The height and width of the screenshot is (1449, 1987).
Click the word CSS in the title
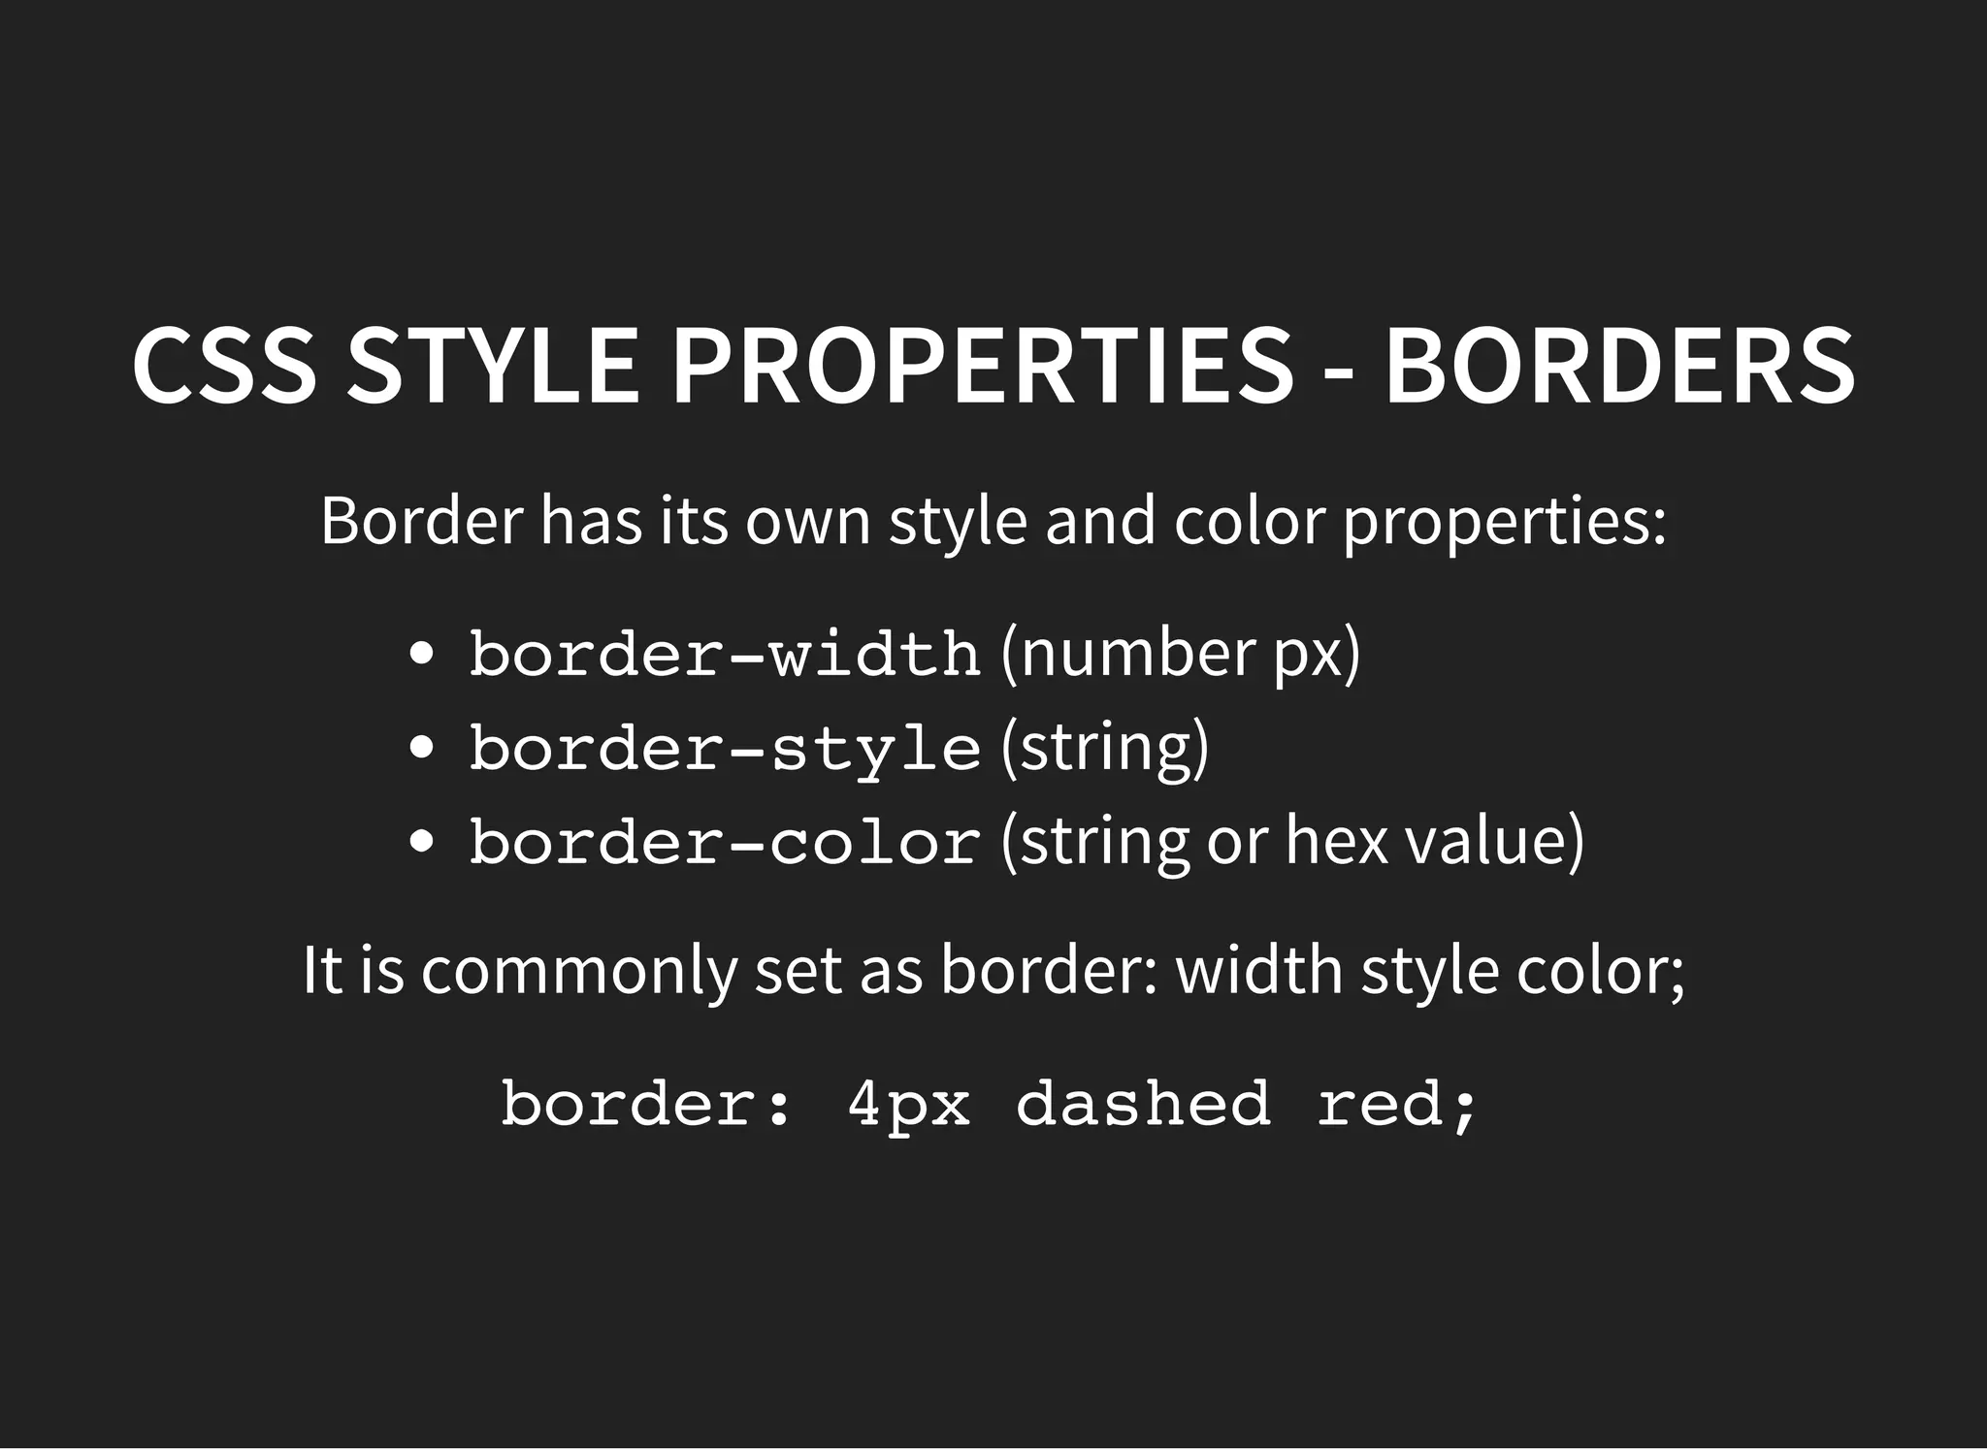[x=224, y=366]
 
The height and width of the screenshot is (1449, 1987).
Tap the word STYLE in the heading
[x=493, y=366]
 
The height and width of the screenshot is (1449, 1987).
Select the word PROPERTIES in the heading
[x=983, y=366]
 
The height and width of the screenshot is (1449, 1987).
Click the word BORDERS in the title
[x=1619, y=366]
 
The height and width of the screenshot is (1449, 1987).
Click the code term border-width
[x=725, y=654]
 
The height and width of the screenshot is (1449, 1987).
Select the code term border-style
[x=725, y=748]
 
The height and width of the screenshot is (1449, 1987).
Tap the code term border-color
[x=725, y=841]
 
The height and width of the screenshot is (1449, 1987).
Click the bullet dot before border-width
[x=421, y=654]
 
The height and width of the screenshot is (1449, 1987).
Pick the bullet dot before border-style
[x=421, y=748]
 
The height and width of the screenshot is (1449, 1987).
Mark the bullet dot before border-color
[x=421, y=841]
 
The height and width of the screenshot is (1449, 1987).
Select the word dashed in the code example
[x=1143, y=1104]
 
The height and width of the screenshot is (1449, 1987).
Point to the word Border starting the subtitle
[x=421, y=521]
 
